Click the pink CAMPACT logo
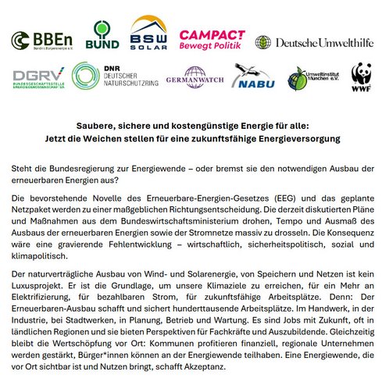(x=212, y=37)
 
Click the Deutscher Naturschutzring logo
(x=112, y=77)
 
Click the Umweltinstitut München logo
(x=311, y=77)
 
